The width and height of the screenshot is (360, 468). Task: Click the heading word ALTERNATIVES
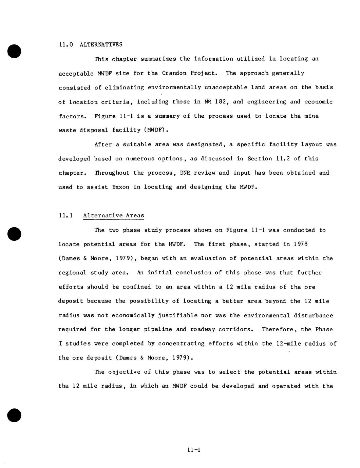101,44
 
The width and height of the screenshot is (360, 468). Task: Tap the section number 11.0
66,44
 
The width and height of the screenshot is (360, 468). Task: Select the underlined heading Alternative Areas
113,216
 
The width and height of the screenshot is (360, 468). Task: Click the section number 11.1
66,216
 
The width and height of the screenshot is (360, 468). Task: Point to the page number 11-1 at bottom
194,450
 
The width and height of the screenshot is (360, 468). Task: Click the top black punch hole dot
14,51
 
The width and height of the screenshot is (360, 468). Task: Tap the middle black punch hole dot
14,234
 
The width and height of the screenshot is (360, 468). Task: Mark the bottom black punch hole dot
14,415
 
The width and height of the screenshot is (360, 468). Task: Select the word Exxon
120,187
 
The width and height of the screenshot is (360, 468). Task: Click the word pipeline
162,329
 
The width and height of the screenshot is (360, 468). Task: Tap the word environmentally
174,87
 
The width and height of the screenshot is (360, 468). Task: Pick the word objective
124,372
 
